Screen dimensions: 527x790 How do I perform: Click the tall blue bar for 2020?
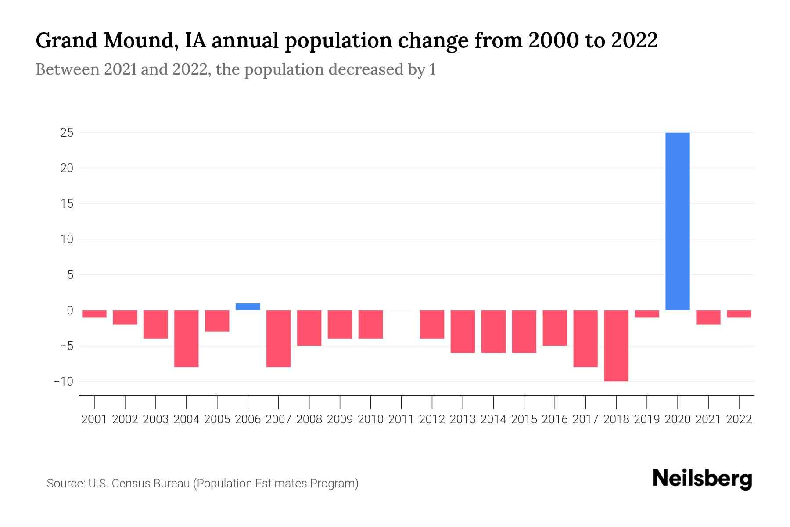point(678,221)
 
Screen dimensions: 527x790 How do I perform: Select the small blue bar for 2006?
point(248,307)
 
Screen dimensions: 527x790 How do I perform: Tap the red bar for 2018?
point(616,346)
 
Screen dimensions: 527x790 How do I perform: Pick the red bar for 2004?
point(187,338)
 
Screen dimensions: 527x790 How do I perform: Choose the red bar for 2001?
point(94,314)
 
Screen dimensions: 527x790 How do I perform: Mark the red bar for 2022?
point(739,314)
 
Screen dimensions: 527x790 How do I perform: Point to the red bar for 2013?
point(463,331)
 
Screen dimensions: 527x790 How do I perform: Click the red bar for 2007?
point(279,338)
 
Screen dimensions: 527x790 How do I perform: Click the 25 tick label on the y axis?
point(67,133)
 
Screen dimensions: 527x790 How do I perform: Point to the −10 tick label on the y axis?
point(64,381)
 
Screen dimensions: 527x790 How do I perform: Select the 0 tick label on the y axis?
point(70,310)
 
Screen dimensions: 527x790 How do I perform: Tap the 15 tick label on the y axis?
point(67,204)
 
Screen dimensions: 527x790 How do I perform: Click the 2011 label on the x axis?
point(401,419)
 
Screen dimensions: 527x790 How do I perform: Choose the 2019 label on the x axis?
point(647,419)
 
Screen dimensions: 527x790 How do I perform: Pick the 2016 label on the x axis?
point(555,419)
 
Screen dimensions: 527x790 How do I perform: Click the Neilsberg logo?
point(702,479)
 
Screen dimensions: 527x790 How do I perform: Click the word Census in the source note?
point(135,484)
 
